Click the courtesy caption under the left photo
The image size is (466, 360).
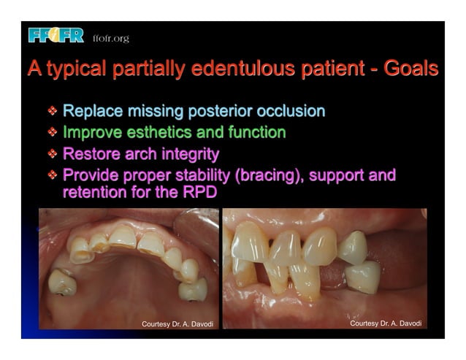point(177,323)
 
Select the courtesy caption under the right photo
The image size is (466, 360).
point(386,323)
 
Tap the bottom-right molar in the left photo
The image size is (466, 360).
point(192,289)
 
